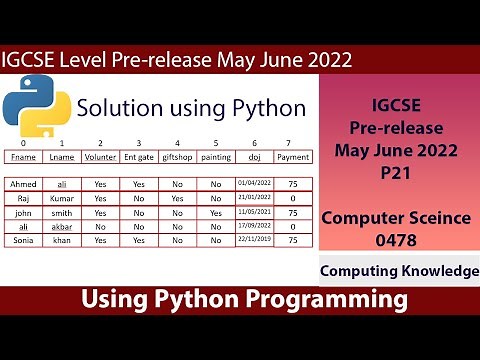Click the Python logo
[x=37, y=109]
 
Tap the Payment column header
[x=291, y=156]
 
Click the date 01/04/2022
[x=254, y=184]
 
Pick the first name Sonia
[x=22, y=240]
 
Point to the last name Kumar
[x=62, y=198]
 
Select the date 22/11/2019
[x=254, y=240]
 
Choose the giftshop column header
[x=177, y=156]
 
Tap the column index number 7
[x=290, y=142]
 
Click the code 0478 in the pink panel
[x=397, y=239]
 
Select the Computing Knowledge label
[x=398, y=271]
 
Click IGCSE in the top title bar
[x=34, y=59]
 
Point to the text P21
[x=397, y=173]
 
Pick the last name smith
[x=62, y=212]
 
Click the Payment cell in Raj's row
[x=291, y=198]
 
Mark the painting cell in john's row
[x=216, y=212]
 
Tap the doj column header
[x=254, y=156]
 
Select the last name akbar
[x=62, y=226]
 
